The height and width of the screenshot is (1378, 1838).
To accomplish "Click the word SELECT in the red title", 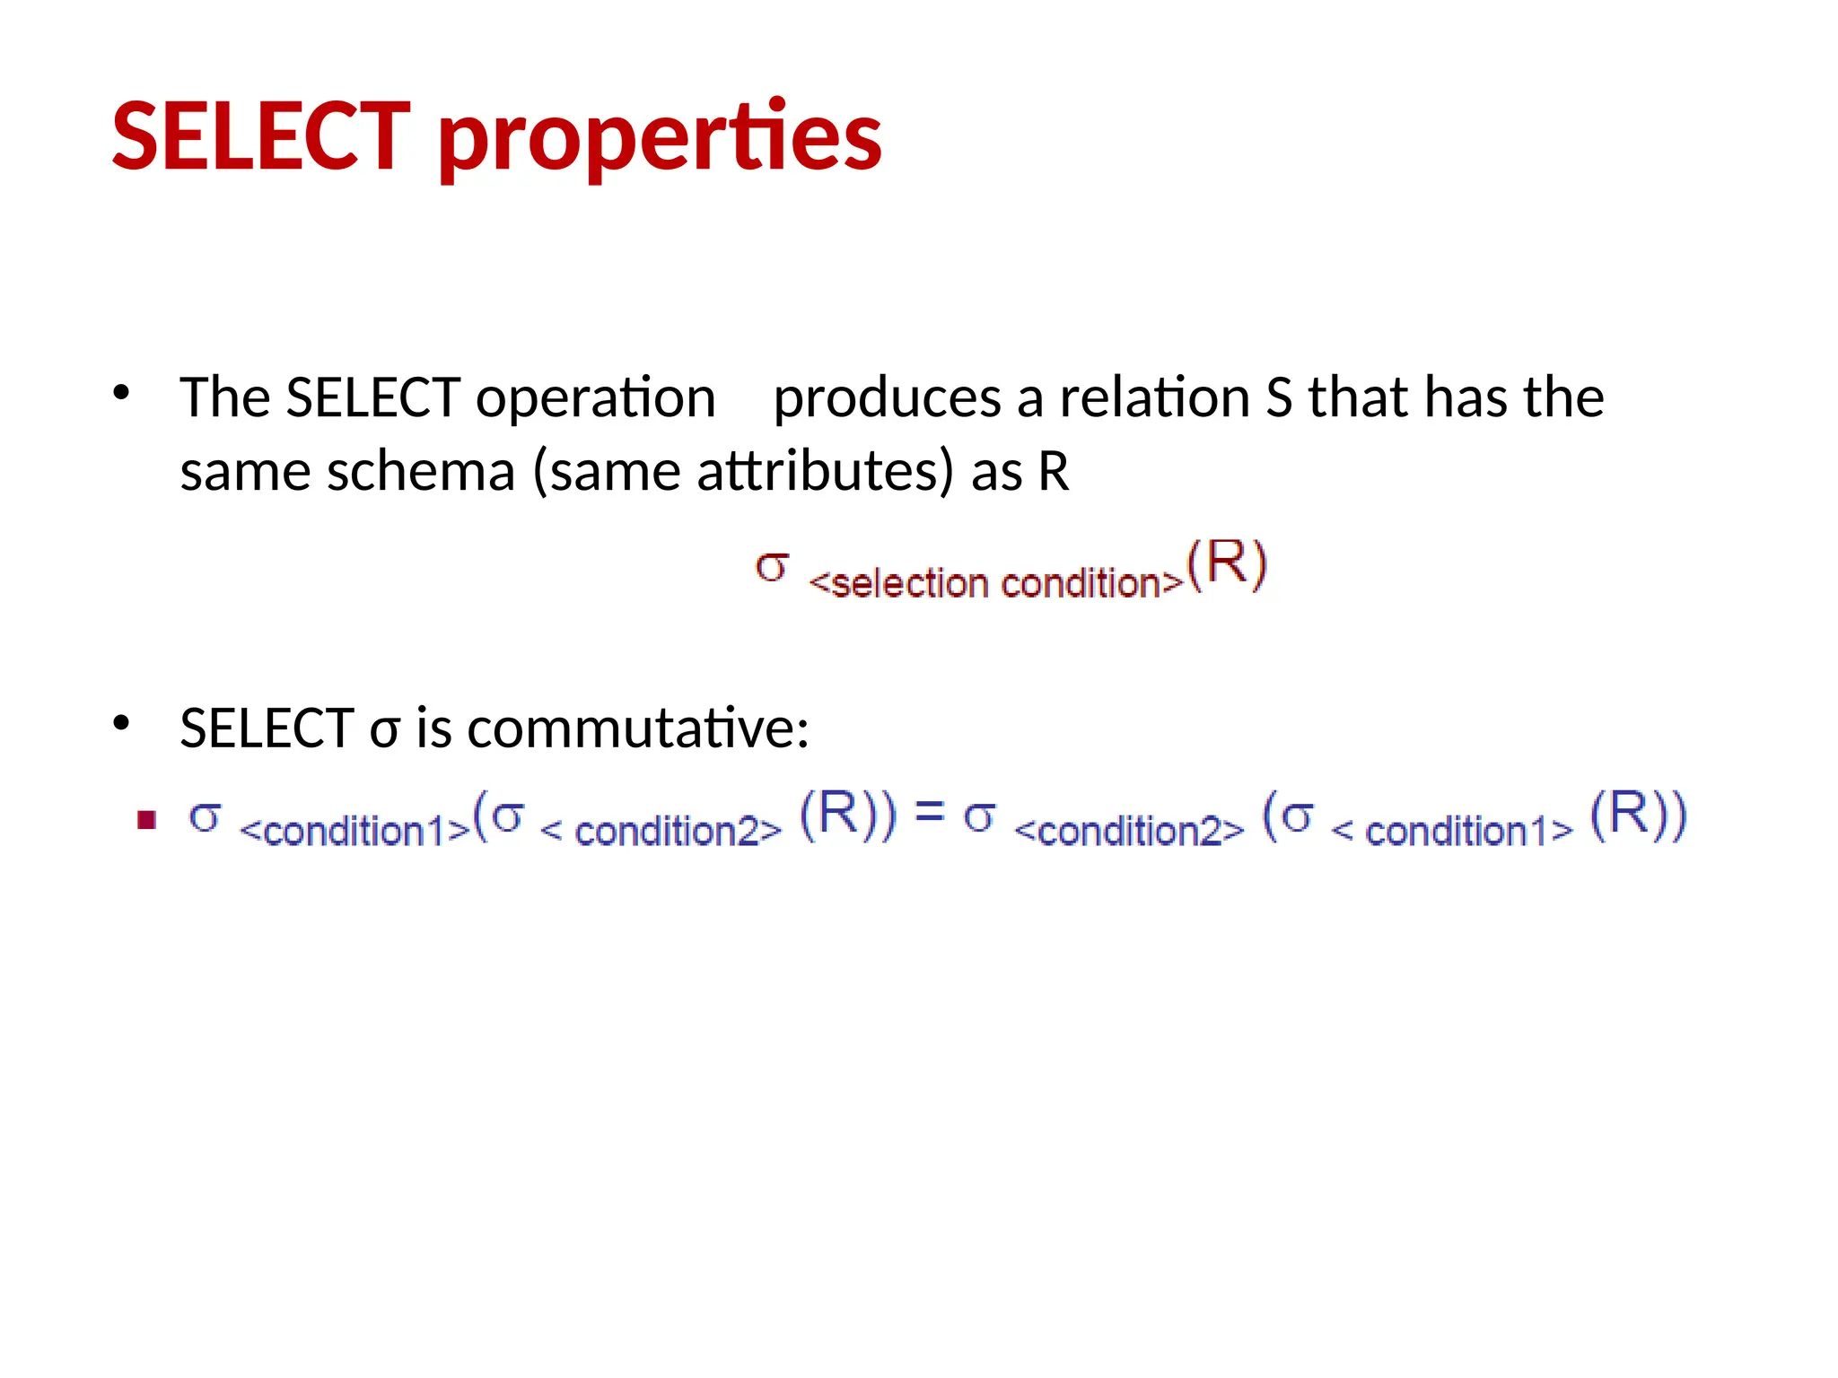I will pyautogui.click(x=260, y=136).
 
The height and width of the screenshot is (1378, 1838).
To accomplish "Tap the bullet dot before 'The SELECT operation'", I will pyautogui.click(x=121, y=392).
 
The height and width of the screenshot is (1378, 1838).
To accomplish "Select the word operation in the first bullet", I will pyautogui.click(x=595, y=398).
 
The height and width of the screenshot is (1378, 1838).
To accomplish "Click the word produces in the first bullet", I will pyautogui.click(x=886, y=398).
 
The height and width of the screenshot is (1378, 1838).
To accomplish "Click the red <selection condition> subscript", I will pyautogui.click(x=995, y=584).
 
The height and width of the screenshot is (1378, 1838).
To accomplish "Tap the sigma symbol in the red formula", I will pyautogui.click(x=772, y=568).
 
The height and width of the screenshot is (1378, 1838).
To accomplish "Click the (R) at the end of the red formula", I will pyautogui.click(x=1226, y=565).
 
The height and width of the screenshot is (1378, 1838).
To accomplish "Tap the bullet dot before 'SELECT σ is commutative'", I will pyautogui.click(x=121, y=722).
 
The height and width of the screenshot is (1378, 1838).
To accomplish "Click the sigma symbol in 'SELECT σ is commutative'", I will pyautogui.click(x=383, y=731).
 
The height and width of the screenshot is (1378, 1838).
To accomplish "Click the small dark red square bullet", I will pyautogui.click(x=147, y=819).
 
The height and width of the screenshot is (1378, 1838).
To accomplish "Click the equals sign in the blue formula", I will pyautogui.click(x=929, y=812).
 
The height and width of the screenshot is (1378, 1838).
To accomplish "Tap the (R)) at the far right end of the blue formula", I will pyautogui.click(x=1638, y=815).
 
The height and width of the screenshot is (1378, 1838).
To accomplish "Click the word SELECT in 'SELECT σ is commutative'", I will pyautogui.click(x=267, y=728).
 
